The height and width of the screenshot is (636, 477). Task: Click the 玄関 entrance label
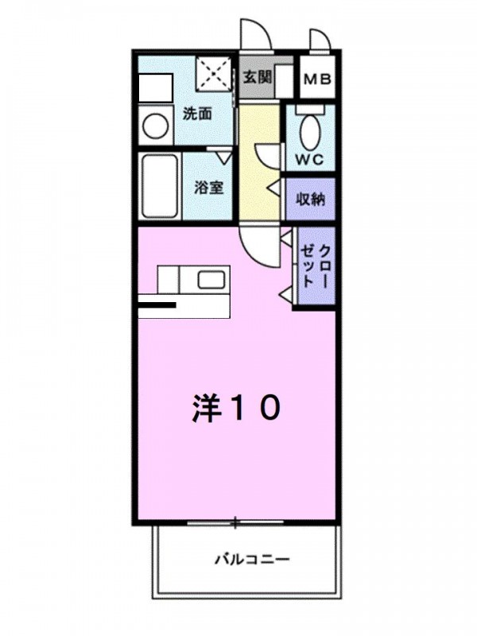257,76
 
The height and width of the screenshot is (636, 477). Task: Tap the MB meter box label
317,79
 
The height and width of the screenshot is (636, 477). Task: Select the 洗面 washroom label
197,114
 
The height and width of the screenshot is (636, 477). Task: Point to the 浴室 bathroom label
208,187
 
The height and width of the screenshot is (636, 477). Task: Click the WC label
309,160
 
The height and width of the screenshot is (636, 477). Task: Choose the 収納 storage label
311,200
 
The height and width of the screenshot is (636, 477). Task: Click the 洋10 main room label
235,408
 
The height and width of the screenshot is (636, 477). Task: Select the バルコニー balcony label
252,560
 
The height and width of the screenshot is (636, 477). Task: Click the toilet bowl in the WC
311,132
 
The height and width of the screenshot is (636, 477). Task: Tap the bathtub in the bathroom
160,187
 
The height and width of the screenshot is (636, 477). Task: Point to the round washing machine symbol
155,126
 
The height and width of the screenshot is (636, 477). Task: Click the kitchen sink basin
211,280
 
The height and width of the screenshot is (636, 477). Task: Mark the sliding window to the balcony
235,522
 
